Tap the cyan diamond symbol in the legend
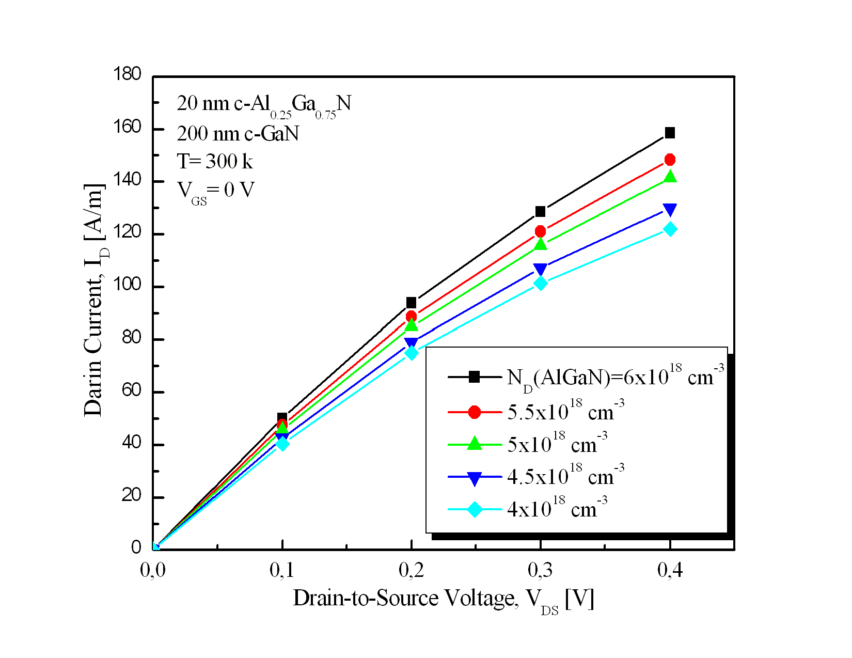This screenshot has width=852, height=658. [x=474, y=510]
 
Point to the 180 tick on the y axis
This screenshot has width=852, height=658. [x=127, y=74]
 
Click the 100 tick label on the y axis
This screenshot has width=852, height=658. [x=127, y=285]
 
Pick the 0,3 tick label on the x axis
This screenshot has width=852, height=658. [x=540, y=570]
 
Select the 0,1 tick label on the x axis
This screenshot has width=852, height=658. [x=282, y=570]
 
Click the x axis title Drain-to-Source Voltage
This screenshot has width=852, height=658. [x=444, y=599]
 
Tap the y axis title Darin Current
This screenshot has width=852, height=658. [x=95, y=300]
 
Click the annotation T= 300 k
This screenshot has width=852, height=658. [x=215, y=162]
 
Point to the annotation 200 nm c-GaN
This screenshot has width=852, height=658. [x=238, y=134]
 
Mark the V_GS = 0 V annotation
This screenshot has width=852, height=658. [x=216, y=191]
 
